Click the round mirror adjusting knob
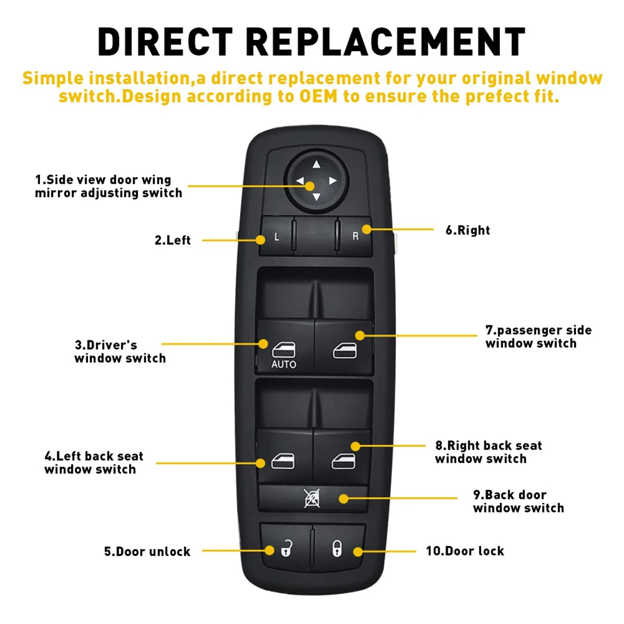[315, 181]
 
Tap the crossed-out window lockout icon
[312, 499]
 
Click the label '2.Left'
[173, 240]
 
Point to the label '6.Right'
[468, 231]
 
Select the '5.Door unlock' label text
[147, 552]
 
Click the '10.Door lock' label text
[465, 551]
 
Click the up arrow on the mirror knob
[315, 165]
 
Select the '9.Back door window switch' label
[518, 502]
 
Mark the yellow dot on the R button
[366, 230]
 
